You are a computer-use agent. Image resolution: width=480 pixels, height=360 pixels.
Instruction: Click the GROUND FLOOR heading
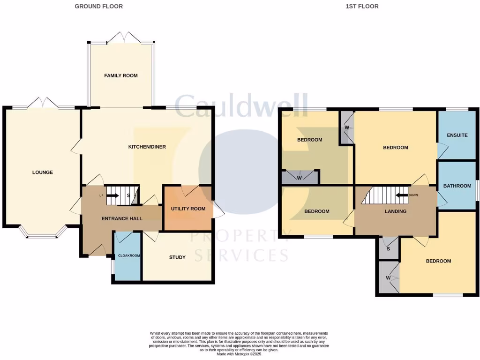tap(99, 7)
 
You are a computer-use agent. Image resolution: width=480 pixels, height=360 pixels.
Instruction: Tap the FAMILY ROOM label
tap(121, 75)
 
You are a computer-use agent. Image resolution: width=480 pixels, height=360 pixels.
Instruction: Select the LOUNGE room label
tap(43, 172)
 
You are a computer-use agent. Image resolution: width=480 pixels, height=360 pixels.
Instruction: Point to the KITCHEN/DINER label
tap(147, 147)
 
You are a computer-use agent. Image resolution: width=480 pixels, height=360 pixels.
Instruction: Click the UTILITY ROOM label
tap(188, 209)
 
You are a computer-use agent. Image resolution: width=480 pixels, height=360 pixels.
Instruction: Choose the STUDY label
tap(177, 257)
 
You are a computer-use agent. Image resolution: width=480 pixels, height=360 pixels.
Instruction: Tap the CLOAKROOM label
tap(127, 256)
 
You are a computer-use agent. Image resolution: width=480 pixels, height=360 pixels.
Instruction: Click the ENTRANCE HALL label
tap(122, 218)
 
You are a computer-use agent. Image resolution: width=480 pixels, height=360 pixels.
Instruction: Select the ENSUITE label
tap(457, 135)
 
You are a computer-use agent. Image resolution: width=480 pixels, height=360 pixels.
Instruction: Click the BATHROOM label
tap(457, 186)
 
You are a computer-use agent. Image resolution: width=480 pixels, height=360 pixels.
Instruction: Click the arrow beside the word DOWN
tap(401, 195)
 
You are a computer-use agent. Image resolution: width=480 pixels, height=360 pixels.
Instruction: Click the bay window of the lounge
tap(43, 232)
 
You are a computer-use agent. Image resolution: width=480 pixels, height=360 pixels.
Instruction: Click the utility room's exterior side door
tap(218, 209)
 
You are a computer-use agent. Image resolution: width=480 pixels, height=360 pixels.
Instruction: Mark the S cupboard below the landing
tap(389, 247)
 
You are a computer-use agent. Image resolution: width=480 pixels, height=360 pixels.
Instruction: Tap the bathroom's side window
tap(478, 190)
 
